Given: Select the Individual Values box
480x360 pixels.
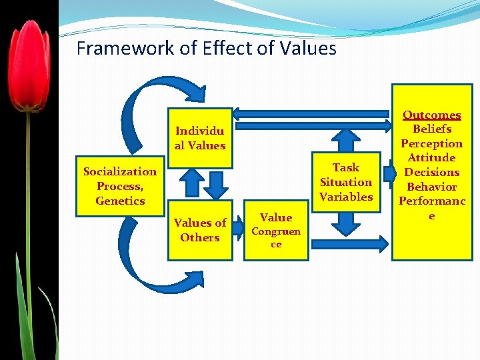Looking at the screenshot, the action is (200, 138).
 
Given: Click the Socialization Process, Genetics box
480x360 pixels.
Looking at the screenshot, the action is (120, 186).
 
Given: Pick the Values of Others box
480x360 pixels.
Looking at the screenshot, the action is (200, 230).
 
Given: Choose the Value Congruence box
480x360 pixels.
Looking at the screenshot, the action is (276, 230).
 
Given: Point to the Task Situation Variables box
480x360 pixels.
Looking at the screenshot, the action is (346, 182).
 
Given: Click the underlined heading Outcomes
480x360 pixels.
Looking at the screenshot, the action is (431, 115).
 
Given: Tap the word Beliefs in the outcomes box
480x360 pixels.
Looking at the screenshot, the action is (431, 129).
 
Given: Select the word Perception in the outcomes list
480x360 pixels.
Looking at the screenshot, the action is (431, 143).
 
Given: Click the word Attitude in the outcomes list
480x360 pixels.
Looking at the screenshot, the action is (431, 158).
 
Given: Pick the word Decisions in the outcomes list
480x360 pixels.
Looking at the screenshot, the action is (431, 172).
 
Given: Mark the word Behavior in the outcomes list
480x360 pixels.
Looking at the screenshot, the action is (431, 187).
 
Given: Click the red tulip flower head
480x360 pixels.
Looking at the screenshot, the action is (29, 67).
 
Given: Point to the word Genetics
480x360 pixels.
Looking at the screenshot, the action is (120, 201).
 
